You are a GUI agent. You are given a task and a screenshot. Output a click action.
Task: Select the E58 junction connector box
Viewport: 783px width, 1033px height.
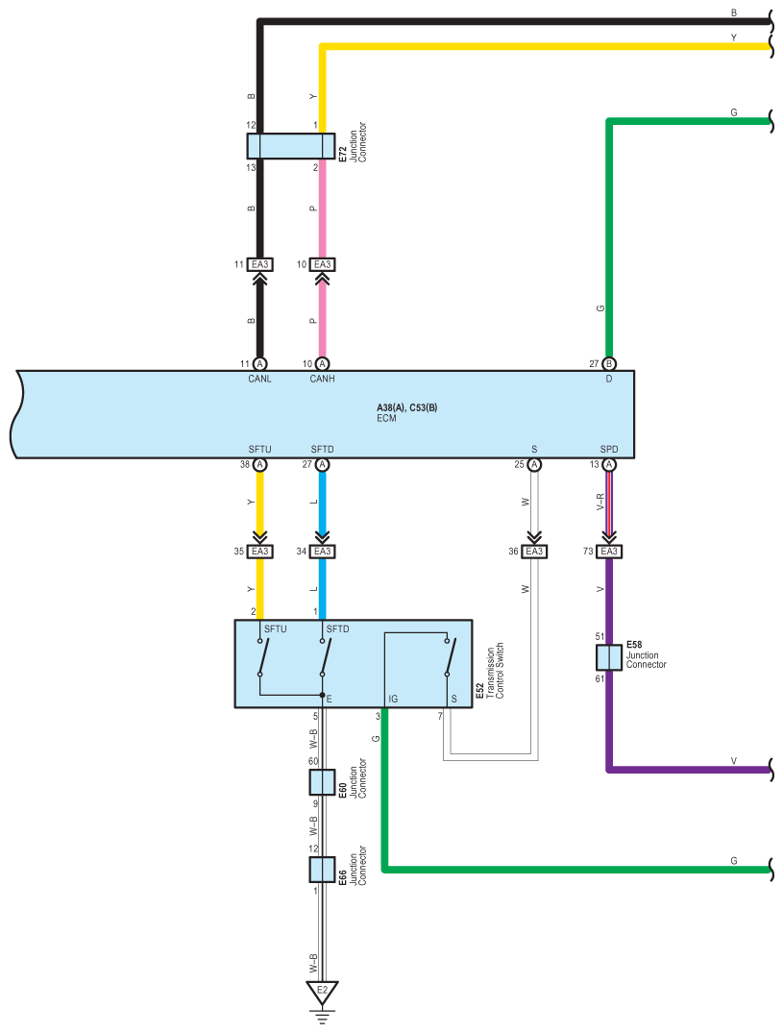click(x=608, y=657)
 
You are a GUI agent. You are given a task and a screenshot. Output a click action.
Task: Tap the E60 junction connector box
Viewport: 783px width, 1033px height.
click(x=321, y=782)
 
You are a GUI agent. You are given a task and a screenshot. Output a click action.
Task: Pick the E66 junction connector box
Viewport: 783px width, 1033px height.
click(x=321, y=870)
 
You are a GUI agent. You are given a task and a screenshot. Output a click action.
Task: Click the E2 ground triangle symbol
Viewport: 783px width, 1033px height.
click(x=322, y=991)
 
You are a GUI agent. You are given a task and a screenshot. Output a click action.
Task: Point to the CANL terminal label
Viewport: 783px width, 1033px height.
click(x=259, y=379)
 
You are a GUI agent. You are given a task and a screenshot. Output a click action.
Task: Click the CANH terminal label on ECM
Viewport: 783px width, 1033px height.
click(x=322, y=379)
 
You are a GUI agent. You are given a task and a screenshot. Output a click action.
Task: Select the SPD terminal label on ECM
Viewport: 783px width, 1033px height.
click(x=608, y=449)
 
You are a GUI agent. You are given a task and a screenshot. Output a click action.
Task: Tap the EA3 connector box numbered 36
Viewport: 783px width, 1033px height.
click(x=534, y=552)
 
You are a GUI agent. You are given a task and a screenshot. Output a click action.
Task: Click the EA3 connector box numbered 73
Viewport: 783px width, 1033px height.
click(x=608, y=552)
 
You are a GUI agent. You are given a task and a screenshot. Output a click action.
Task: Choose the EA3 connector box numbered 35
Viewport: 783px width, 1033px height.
click(x=260, y=552)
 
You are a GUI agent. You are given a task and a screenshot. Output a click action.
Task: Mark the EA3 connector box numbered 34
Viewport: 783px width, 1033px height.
click(x=322, y=552)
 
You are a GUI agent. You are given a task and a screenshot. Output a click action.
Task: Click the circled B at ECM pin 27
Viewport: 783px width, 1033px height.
click(x=609, y=364)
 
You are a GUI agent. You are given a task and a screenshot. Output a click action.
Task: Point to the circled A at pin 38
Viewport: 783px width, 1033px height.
click(x=259, y=465)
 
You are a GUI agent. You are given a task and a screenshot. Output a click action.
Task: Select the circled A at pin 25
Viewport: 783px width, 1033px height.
click(x=535, y=465)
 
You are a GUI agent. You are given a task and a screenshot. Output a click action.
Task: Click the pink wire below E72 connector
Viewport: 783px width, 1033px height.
click(x=322, y=211)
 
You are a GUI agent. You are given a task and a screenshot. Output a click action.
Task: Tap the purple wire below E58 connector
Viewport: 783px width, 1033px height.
click(x=608, y=721)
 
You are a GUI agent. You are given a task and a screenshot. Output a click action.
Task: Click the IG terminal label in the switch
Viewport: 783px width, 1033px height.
click(x=392, y=700)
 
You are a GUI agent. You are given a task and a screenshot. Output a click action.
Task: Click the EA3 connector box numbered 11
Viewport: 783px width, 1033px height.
click(x=260, y=264)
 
